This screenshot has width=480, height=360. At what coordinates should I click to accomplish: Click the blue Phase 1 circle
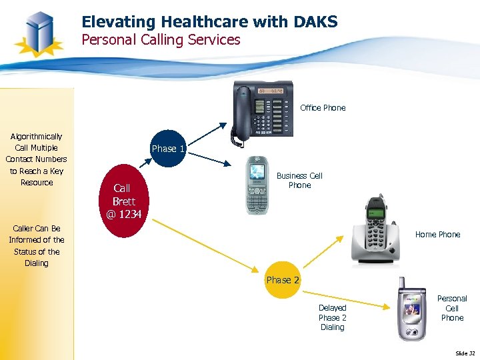coord(167,149)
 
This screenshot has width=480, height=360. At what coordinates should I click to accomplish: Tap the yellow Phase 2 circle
coord(283,280)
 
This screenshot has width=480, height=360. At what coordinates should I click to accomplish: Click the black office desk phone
coord(263,109)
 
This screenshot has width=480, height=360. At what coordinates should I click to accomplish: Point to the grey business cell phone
coord(257,185)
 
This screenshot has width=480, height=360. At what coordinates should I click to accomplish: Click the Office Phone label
coord(323,107)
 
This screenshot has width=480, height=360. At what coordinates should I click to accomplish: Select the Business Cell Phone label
coord(299,181)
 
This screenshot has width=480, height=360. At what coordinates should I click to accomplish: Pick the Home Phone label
coord(437,234)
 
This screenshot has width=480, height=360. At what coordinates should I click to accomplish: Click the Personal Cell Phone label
coord(452,308)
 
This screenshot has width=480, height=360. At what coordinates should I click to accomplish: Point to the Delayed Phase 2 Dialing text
coord(332,317)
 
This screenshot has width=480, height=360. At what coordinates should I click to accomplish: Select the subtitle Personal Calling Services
coord(161,40)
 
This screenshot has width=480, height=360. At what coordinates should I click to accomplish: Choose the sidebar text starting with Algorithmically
coord(37,159)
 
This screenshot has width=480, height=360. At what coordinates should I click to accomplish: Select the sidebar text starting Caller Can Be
coord(37,245)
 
